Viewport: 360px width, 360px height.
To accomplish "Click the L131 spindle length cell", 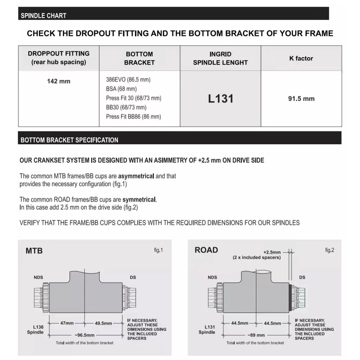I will point(220,99).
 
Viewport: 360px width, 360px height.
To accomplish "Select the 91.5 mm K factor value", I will point(301,99).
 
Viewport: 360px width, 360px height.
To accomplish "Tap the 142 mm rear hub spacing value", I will point(59,81).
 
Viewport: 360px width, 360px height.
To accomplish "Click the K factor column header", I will point(301,58).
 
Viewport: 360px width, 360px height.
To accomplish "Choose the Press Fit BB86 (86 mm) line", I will point(133,116).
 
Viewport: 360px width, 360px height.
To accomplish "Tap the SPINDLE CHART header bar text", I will point(44,16).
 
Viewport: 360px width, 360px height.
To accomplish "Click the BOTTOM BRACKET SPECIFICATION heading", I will point(69,140).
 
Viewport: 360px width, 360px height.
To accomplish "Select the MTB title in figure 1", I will point(34,251).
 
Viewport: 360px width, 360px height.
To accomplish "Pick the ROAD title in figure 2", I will point(206,250).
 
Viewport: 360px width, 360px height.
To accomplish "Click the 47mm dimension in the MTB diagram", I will point(67,323).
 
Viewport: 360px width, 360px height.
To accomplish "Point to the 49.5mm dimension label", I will point(103,323).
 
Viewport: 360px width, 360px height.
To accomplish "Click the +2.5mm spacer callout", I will point(272,252).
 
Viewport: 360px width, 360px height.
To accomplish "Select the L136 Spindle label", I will point(35,330).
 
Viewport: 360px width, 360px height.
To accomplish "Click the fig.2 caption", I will point(330,250).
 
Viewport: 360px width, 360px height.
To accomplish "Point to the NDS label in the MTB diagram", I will point(38,277).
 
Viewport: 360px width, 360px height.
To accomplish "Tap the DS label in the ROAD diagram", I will point(302,277).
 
